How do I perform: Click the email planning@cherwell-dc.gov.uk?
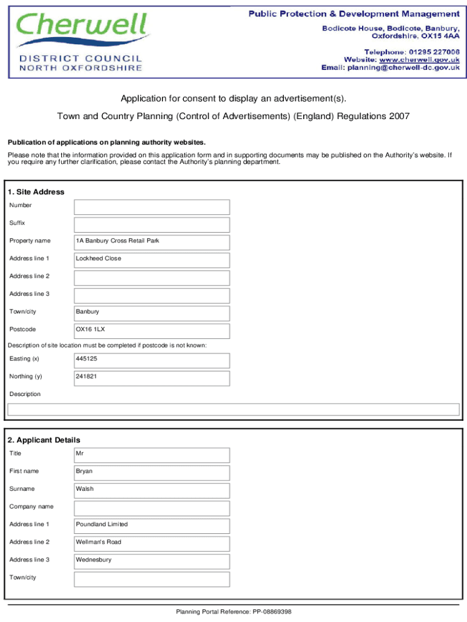click(x=403, y=68)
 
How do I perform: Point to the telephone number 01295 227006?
click(x=432, y=52)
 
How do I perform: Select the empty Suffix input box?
click(x=152, y=225)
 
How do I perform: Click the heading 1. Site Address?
click(x=36, y=192)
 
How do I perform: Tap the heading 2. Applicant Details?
click(x=44, y=440)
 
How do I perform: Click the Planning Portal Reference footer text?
click(x=233, y=612)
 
